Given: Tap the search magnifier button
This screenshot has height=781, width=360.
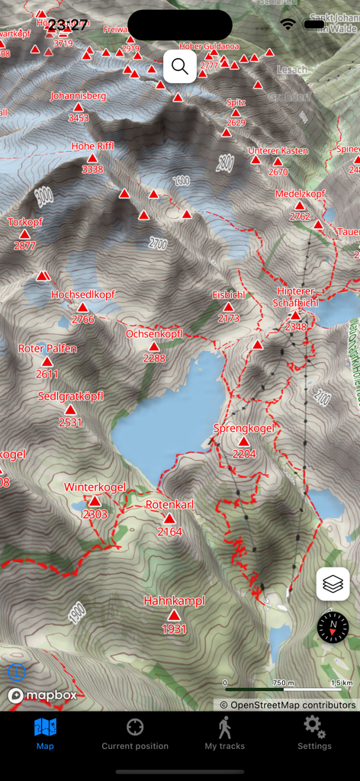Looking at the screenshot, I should pyautogui.click(x=180, y=66).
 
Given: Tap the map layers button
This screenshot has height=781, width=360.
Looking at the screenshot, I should pyautogui.click(x=333, y=584).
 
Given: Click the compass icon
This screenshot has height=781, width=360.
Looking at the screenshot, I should pyautogui.click(x=333, y=627).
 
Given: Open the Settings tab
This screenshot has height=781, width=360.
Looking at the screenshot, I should pyautogui.click(x=314, y=733).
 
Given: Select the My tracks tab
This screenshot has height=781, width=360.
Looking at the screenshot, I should pyautogui.click(x=224, y=733).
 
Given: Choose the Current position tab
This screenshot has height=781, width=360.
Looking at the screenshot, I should pyautogui.click(x=135, y=733).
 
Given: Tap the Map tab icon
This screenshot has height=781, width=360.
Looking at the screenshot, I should pyautogui.click(x=45, y=728).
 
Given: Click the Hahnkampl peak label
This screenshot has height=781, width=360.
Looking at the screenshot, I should pyautogui.click(x=175, y=601).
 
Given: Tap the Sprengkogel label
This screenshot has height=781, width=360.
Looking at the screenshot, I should pyautogui.click(x=243, y=428).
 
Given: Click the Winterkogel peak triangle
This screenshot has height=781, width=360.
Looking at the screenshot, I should pyautogui.click(x=95, y=501).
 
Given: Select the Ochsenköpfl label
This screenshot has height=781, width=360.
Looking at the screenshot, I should pyautogui.click(x=154, y=334).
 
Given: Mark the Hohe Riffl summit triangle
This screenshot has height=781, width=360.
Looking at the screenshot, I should pyautogui.click(x=92, y=158).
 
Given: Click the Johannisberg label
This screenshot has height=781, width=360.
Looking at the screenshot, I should pyautogui.click(x=78, y=96).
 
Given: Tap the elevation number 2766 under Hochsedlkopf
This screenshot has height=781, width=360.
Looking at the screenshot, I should pyautogui.click(x=83, y=320).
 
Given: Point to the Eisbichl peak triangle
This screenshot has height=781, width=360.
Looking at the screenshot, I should pyautogui.click(x=228, y=307).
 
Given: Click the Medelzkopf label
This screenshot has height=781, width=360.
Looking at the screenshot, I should pyautogui.click(x=300, y=194).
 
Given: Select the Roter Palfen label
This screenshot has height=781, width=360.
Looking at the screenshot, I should pyautogui.click(x=47, y=349).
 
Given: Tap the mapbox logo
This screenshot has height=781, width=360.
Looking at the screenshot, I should pyautogui.click(x=42, y=696).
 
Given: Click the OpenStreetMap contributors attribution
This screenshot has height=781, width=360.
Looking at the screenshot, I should pyautogui.click(x=288, y=705).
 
